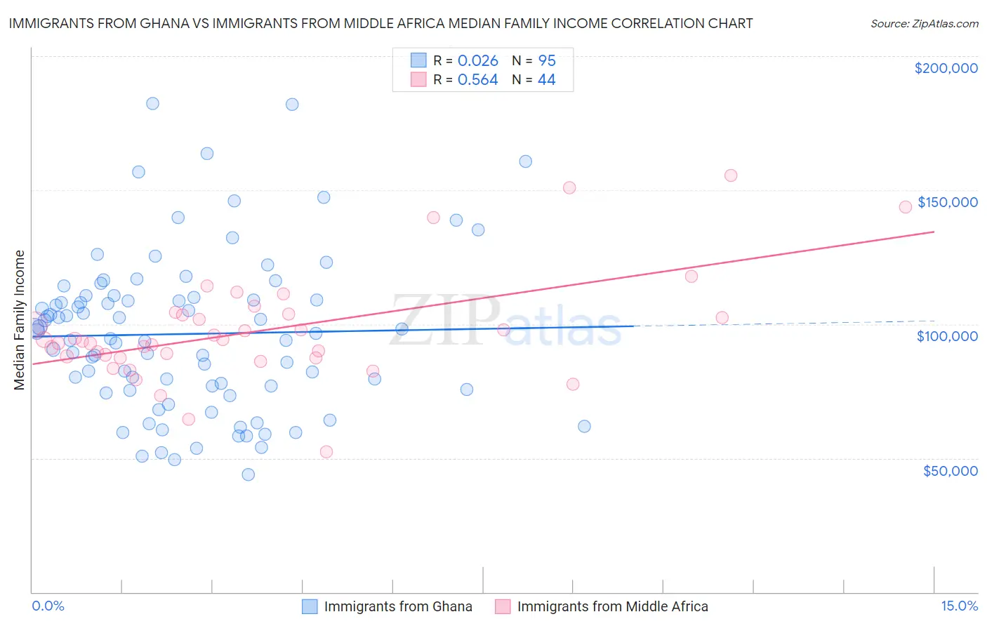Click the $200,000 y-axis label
(946, 68)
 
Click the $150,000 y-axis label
(947, 202)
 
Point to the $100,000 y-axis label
(947, 336)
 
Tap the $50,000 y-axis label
(950, 470)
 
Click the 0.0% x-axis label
(48, 606)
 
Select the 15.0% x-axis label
(959, 606)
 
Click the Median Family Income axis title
(19, 320)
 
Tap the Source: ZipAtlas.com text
(924, 23)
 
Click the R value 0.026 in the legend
(477, 60)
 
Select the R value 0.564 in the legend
(477, 80)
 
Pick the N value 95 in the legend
(547, 60)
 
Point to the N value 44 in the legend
(547, 80)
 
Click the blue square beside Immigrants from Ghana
(310, 606)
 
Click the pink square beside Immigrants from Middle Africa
(503, 606)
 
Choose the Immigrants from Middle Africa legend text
(612, 606)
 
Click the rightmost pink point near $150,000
(906, 206)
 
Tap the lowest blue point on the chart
(248, 474)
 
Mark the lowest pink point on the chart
(326, 452)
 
